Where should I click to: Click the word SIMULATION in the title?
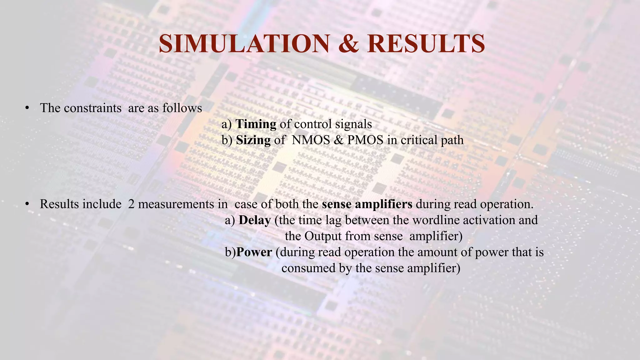244,44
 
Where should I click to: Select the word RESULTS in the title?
426,44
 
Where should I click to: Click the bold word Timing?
256,124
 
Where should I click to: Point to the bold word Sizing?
253,140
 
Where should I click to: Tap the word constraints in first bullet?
92,108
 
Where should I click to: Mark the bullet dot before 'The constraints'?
27,108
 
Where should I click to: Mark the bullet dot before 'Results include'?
27,204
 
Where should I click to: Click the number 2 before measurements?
131,204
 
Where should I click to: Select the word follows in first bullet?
182,108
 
